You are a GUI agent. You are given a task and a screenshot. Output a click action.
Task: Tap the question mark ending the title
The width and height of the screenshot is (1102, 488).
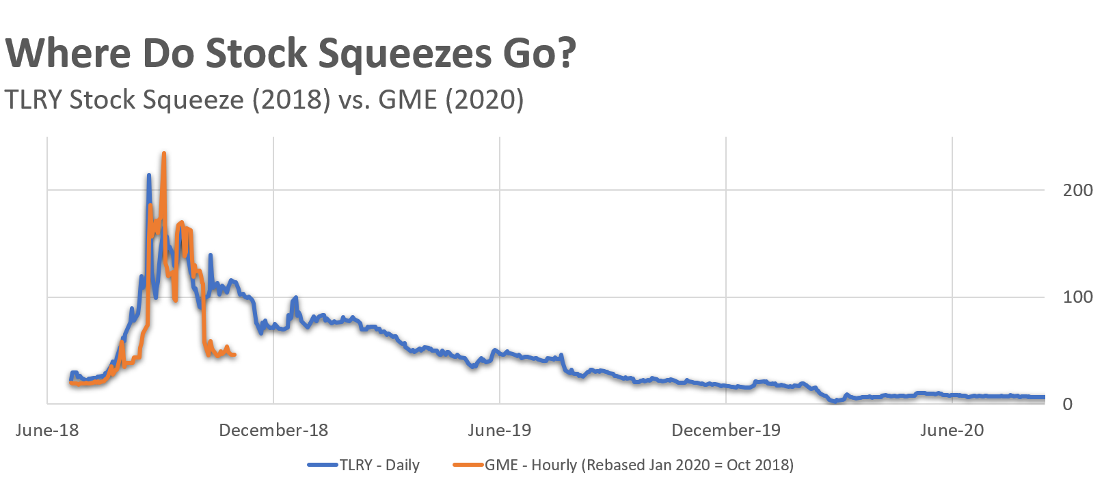click(x=565, y=53)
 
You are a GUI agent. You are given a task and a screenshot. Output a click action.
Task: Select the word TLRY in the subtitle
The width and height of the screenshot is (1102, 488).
click(x=33, y=100)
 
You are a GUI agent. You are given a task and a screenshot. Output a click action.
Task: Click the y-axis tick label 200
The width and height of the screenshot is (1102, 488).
click(x=1077, y=190)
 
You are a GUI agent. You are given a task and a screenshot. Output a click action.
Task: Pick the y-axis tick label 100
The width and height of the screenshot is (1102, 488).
click(x=1077, y=297)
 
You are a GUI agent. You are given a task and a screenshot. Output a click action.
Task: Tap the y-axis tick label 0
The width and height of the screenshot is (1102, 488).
click(x=1067, y=404)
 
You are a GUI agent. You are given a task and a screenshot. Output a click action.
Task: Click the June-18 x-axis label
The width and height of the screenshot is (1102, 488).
click(x=47, y=430)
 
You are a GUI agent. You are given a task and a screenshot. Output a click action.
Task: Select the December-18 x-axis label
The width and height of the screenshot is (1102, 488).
click(x=273, y=430)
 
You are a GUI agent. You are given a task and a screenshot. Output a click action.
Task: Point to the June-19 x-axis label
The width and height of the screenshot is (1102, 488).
click(x=499, y=430)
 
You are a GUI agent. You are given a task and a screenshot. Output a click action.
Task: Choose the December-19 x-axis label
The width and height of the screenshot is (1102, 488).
click(x=726, y=430)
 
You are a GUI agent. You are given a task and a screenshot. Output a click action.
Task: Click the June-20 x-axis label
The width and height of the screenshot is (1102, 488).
click(x=952, y=430)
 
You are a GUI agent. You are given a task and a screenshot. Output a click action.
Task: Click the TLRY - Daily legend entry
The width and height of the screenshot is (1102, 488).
click(x=379, y=465)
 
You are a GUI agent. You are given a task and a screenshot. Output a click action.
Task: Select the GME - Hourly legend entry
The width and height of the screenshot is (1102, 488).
click(x=639, y=465)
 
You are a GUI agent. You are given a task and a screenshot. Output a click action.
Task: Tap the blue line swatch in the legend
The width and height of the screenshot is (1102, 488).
click(x=323, y=465)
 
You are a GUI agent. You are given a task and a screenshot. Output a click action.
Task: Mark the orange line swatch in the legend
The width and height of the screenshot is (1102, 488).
click(x=468, y=465)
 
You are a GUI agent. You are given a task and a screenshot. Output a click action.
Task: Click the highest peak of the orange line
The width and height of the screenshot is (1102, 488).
click(x=163, y=154)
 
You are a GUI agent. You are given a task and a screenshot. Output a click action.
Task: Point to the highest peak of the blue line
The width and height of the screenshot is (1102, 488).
click(x=149, y=175)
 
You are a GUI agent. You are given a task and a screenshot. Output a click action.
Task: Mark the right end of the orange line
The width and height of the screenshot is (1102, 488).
click(x=234, y=355)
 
